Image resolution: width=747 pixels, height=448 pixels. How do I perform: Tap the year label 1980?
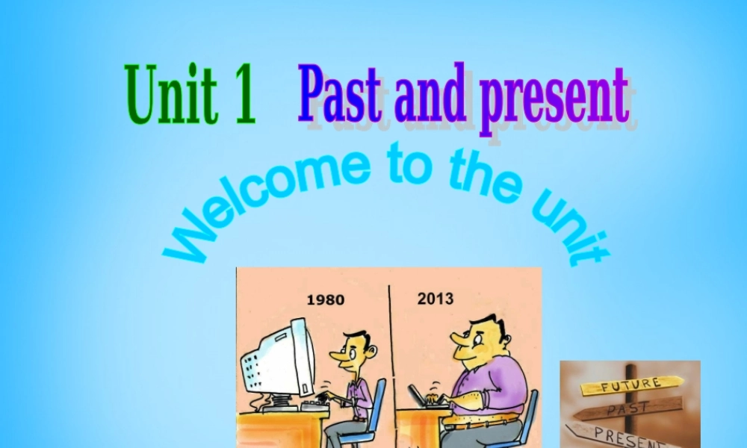click(326, 300)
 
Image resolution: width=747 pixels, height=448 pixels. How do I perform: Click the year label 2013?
click(436, 299)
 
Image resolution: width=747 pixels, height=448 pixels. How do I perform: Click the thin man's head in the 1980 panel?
click(356, 350)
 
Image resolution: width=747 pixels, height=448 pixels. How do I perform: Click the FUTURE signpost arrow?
click(632, 385)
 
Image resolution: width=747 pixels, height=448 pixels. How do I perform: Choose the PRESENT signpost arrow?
click(620, 434)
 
